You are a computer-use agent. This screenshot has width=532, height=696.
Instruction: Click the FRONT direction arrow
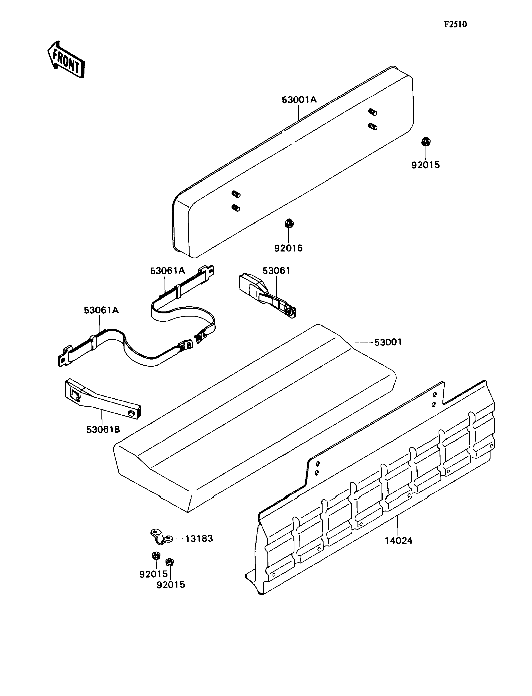[x=66, y=59]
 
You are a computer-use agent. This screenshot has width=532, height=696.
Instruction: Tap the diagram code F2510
[x=455, y=24]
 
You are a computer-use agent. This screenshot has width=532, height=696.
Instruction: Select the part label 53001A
[x=299, y=100]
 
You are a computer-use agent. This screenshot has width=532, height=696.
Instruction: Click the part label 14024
[x=399, y=541]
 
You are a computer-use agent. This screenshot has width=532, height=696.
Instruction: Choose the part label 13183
[x=199, y=538]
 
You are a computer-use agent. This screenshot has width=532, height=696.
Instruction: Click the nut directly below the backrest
[x=289, y=223]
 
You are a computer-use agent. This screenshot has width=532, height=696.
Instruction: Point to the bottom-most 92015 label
[x=171, y=585]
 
